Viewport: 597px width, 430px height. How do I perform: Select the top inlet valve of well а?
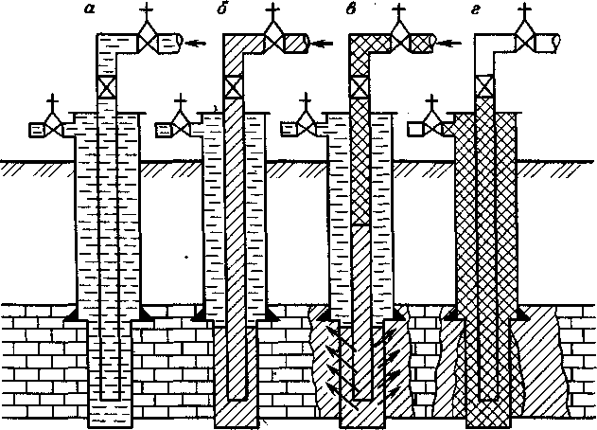pos(148,42)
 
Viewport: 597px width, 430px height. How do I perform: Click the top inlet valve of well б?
pos(273,42)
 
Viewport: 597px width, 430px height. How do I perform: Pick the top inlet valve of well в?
pos(398,42)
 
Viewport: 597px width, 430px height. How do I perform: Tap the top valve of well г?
pos(522,42)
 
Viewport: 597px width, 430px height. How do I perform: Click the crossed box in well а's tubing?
pos(106,87)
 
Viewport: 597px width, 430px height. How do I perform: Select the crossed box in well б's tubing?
pos(233,87)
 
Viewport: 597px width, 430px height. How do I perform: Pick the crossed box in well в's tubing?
pos(360,87)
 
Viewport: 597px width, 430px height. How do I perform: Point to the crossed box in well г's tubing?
pos(484,87)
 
